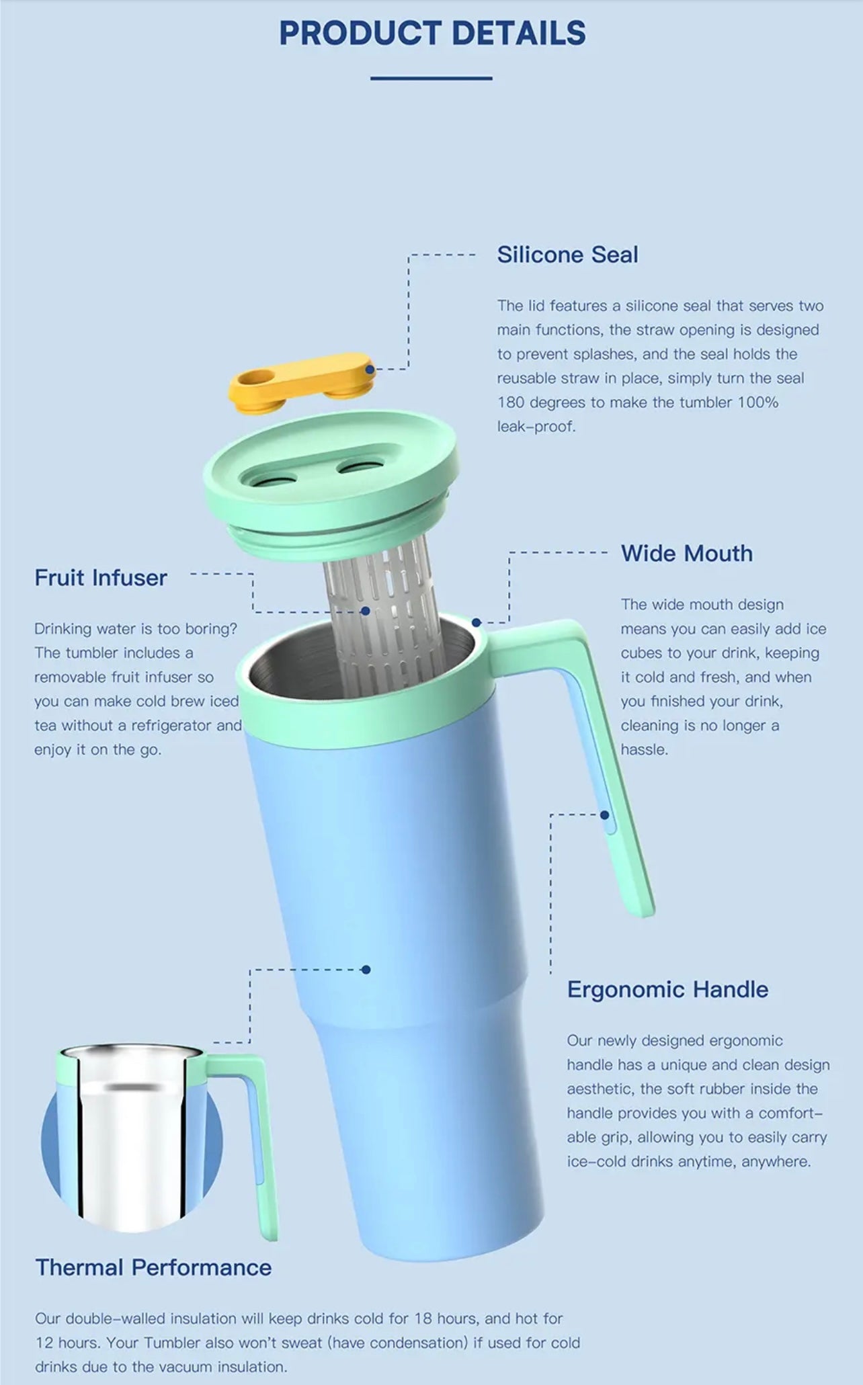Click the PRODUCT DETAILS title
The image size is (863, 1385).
coord(432,33)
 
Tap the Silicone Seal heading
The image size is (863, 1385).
coord(567,255)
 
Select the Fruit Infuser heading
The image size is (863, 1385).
coord(101,578)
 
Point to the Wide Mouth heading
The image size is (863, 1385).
coord(687,553)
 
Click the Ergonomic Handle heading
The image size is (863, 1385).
coord(667,989)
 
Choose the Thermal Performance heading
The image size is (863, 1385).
coord(153,1267)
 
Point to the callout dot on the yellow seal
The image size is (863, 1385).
coord(370,369)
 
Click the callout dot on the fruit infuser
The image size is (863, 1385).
coord(365,611)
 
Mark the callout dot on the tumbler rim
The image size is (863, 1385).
coord(476,622)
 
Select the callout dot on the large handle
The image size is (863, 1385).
coord(604,814)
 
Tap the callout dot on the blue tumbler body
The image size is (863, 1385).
coord(366,969)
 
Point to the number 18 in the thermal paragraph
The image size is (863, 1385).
coord(423,1318)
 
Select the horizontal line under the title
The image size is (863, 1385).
coord(431,79)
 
